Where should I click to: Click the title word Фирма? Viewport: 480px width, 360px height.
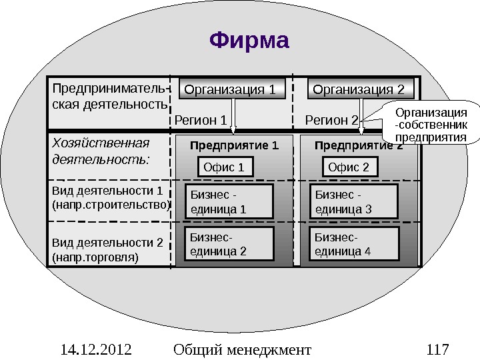click(x=249, y=41)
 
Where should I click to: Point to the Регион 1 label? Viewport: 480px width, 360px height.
click(x=201, y=121)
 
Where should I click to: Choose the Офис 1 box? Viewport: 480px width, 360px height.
click(x=227, y=167)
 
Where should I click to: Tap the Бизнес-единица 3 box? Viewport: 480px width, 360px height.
click(x=356, y=202)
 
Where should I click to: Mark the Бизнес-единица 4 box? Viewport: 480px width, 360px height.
click(x=356, y=244)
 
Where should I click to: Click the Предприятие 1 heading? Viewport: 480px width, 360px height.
click(x=233, y=145)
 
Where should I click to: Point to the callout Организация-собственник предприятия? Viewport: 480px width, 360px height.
click(x=431, y=123)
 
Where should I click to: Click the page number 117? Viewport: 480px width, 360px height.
click(x=437, y=349)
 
